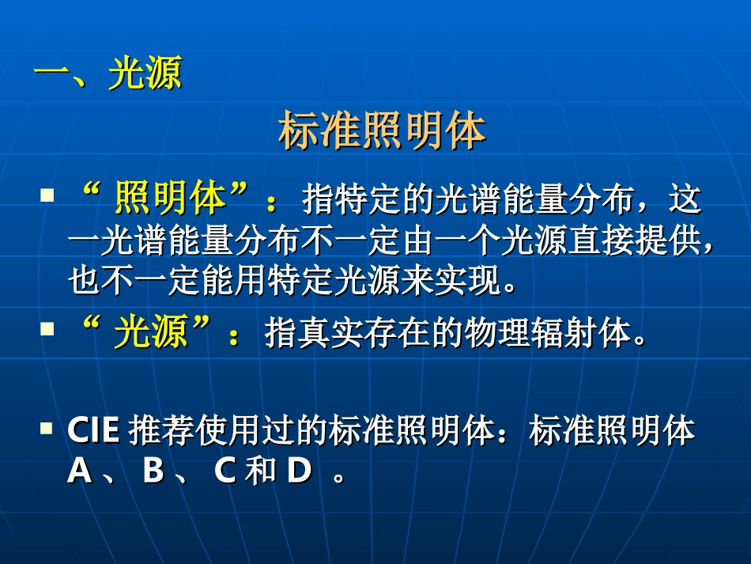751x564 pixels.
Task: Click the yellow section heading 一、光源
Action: pos(108,75)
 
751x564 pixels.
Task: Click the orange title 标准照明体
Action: pos(382,132)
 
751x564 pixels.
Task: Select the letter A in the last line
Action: pos(80,471)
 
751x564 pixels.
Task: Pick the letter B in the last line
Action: pos(153,471)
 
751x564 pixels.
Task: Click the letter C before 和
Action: pos(226,471)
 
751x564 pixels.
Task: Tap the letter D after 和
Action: pos(300,471)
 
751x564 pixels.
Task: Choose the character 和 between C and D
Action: pos(260,471)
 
